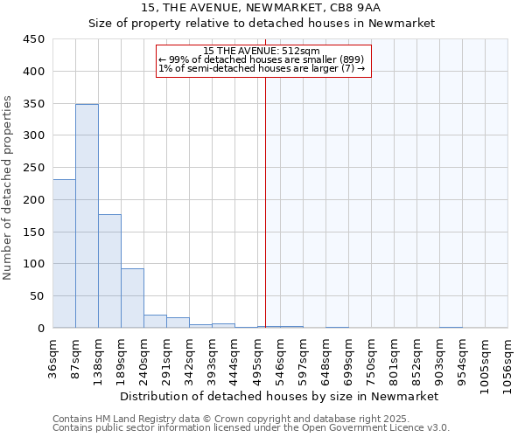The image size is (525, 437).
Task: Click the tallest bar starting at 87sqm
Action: (x=87, y=216)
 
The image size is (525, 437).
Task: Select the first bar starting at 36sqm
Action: (x=64, y=253)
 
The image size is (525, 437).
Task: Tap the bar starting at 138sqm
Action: (x=109, y=271)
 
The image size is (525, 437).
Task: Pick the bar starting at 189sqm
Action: (x=132, y=298)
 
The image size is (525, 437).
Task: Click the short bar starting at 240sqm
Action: (x=155, y=321)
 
